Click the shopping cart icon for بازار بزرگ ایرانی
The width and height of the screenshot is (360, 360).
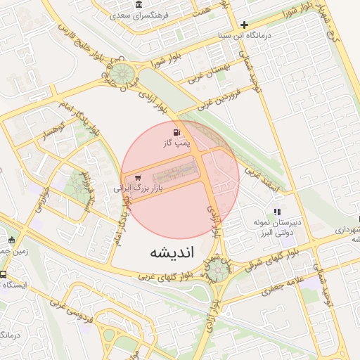[137, 178]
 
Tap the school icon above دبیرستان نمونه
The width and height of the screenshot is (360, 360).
[277, 211]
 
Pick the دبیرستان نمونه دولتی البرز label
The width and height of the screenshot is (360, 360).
[277, 226]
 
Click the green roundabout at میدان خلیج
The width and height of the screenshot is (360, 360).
[123, 73]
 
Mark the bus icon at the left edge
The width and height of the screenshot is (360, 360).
[4, 275]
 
